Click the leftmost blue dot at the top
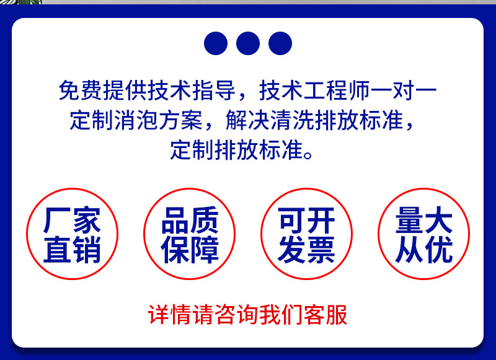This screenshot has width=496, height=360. pyautogui.click(x=216, y=43)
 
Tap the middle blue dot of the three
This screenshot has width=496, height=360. pyautogui.click(x=248, y=43)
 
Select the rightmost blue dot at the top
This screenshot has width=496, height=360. pyautogui.click(x=280, y=43)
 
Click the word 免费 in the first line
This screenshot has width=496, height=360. pyautogui.click(x=81, y=90)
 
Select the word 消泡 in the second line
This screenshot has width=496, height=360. pyautogui.click(x=136, y=120)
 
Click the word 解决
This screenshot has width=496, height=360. pyautogui.click(x=247, y=120)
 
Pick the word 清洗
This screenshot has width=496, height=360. pyautogui.click(x=292, y=120)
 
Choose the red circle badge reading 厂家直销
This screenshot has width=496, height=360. pyautogui.click(x=72, y=234)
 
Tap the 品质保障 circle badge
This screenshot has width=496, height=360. pyautogui.click(x=190, y=234)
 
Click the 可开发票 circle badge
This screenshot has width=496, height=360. pyautogui.click(x=306, y=234)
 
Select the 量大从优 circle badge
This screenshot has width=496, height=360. pyautogui.click(x=424, y=234)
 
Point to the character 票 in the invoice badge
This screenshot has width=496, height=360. pyautogui.click(x=321, y=250)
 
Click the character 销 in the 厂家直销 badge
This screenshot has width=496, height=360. pyautogui.click(x=87, y=250)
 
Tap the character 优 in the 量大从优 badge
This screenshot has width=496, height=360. pyautogui.click(x=438, y=250)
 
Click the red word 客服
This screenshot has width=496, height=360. pyautogui.click(x=325, y=315)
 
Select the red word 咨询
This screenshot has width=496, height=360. pyautogui.click(x=236, y=315)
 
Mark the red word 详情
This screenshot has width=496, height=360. pyautogui.click(x=169, y=315)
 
